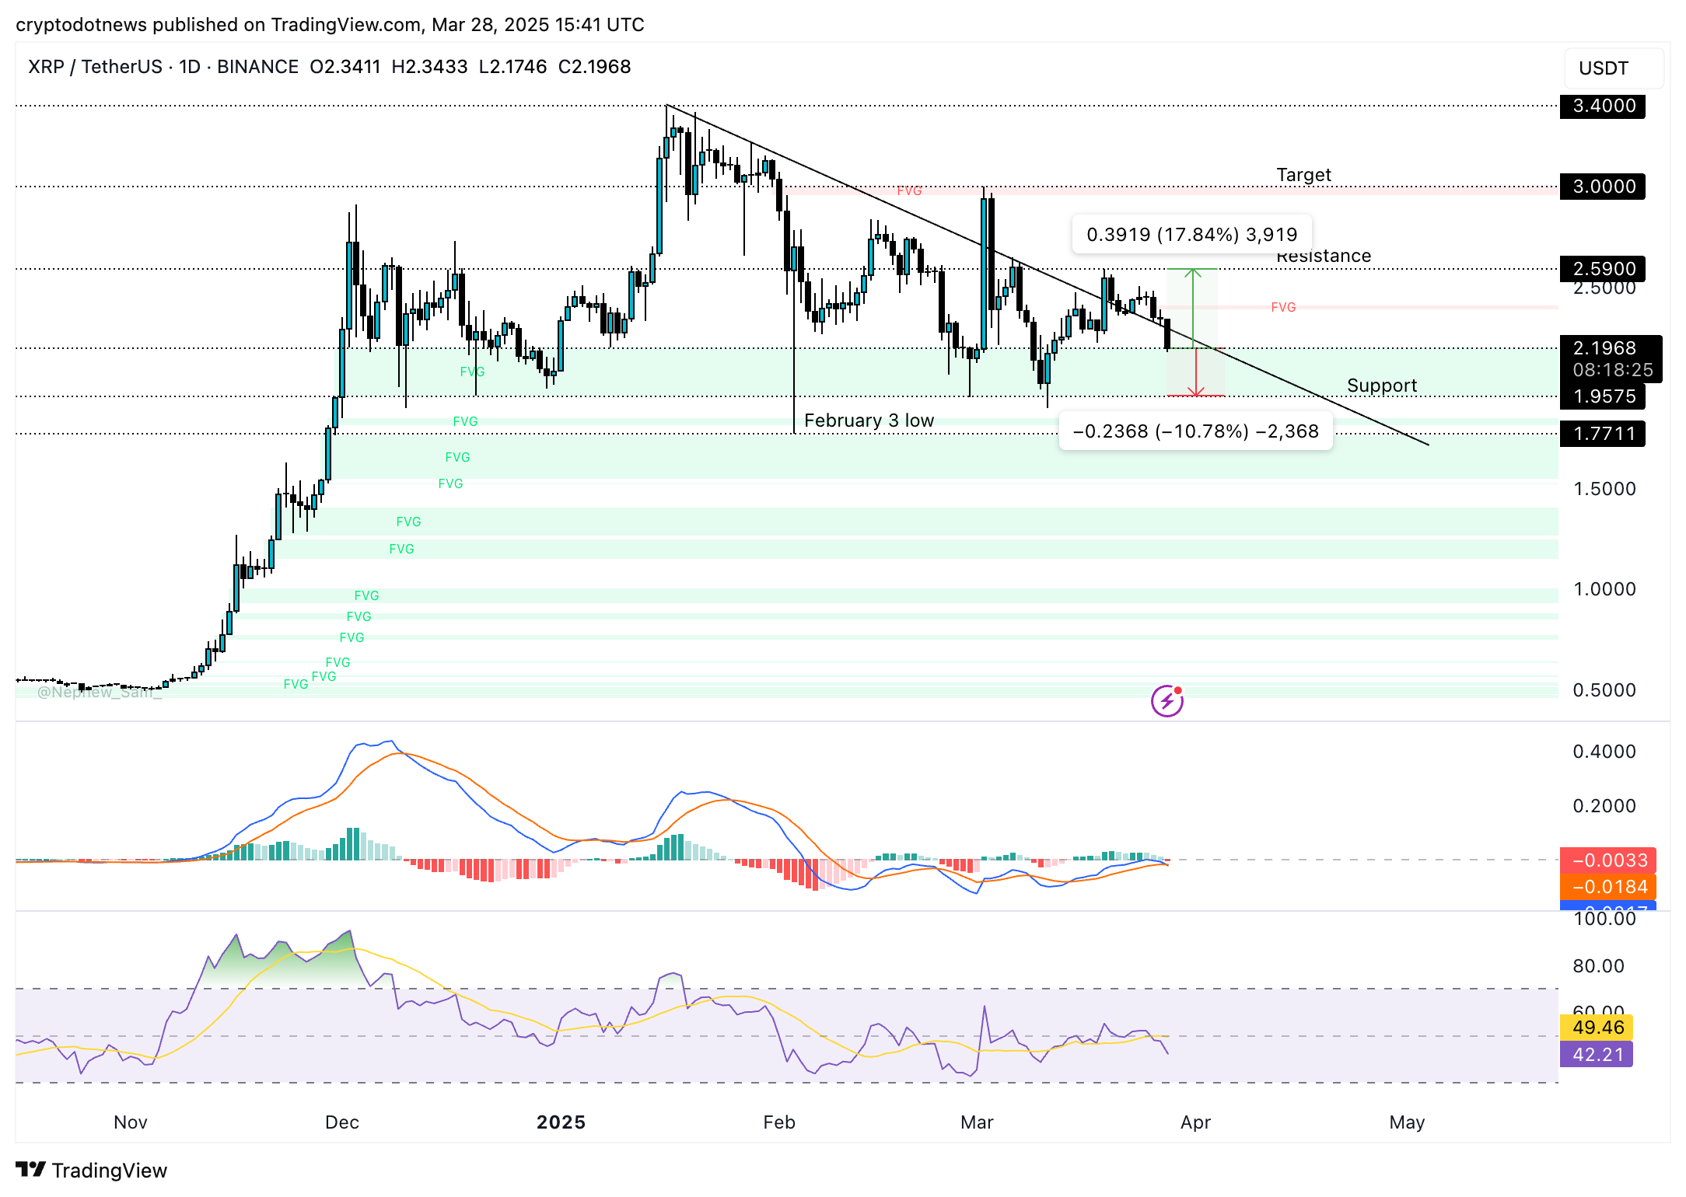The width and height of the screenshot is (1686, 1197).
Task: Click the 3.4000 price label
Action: [x=1603, y=106]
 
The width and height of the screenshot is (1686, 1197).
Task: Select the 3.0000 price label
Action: [x=1603, y=187]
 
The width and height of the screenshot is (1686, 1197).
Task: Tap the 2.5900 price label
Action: [x=1603, y=269]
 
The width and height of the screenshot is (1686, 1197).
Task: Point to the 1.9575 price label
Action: [x=1603, y=396]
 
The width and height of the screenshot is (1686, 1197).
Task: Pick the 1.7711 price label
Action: [x=1603, y=434]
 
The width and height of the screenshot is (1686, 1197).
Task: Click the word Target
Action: [x=1303, y=175]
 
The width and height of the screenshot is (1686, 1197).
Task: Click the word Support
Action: [x=1381, y=386]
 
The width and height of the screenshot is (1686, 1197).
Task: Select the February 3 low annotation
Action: [x=869, y=421]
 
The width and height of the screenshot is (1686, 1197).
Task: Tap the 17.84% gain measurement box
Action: [x=1191, y=235]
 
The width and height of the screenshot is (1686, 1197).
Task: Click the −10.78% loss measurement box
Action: [x=1195, y=431]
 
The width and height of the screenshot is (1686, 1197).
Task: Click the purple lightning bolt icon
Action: [x=1167, y=701]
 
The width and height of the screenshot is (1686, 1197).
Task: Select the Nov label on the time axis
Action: [x=130, y=1122]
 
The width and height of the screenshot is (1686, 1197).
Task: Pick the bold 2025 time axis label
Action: [x=561, y=1122]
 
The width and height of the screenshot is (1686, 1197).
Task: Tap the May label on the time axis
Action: [x=1407, y=1122]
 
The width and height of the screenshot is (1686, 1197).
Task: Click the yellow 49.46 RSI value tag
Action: [x=1597, y=1028]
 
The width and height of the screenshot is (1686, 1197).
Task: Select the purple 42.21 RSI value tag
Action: [x=1597, y=1055]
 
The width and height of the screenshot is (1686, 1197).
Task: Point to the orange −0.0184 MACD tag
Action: [x=1608, y=887]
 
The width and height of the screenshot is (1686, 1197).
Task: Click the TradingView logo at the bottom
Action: [x=92, y=1170]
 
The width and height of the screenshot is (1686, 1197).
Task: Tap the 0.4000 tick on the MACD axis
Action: [x=1604, y=752]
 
